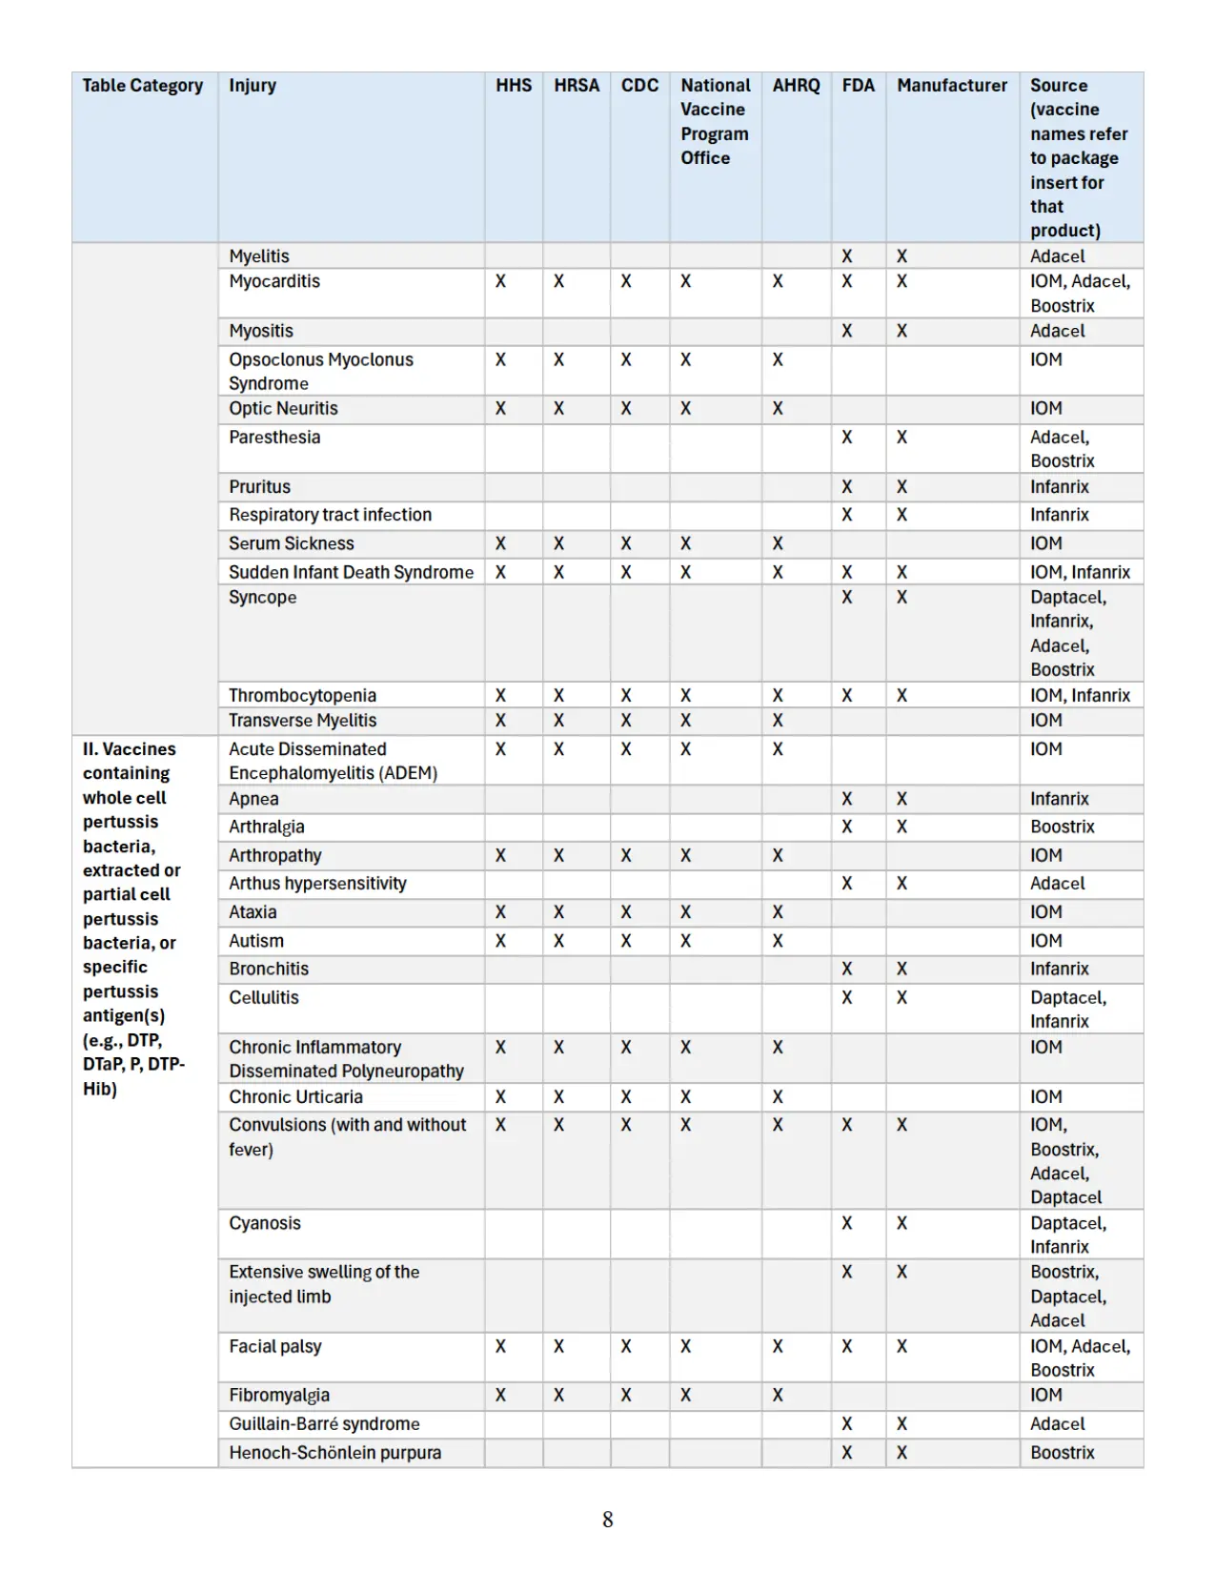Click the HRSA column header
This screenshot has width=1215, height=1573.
coord(577,86)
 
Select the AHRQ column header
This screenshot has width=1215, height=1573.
coord(796,86)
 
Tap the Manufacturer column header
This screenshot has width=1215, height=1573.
coord(951,86)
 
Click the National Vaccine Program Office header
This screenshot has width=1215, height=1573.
coord(715,121)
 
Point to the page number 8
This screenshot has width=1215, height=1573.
coord(608,1520)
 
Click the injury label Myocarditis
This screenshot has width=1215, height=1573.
coord(274,281)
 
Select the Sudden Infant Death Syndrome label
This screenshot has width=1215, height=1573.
coord(351,572)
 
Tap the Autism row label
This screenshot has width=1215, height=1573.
coord(256,941)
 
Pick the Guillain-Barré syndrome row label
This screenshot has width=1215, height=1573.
coord(324,1423)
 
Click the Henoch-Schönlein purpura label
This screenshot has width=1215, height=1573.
coord(334,1453)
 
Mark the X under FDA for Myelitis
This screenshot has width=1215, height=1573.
coord(846,256)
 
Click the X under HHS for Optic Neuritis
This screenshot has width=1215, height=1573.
coord(500,409)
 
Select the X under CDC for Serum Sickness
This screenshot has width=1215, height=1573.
coord(626,543)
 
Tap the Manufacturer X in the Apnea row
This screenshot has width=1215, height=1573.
coord(901,799)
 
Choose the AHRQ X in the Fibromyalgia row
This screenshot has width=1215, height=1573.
coord(778,1396)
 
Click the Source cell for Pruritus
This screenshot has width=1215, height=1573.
coord(1059,487)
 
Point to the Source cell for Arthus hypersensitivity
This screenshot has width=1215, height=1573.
coord(1057,884)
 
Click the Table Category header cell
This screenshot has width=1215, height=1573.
coord(143,86)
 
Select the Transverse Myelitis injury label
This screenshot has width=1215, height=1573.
coord(302,721)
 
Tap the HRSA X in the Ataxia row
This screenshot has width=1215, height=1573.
coord(558,912)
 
